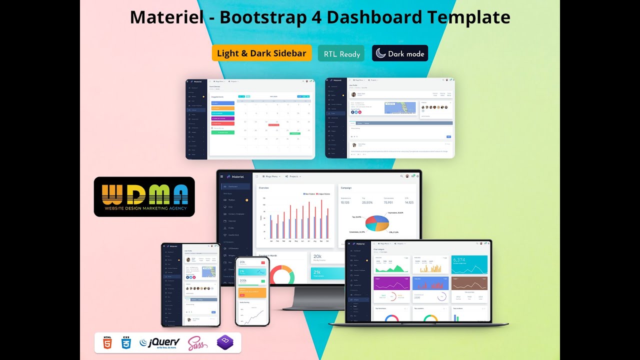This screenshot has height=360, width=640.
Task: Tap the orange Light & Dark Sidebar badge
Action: tap(261, 53)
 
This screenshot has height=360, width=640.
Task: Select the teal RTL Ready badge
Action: tap(342, 54)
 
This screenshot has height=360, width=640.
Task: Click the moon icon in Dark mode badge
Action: tap(381, 53)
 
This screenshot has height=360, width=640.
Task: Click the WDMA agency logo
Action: tap(144, 197)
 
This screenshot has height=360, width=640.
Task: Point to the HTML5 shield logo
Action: tap(107, 342)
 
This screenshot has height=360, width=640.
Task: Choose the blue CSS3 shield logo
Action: tap(126, 342)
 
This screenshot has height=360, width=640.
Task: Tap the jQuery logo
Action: tap(159, 342)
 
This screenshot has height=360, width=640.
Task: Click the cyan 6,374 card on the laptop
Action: tap(469, 265)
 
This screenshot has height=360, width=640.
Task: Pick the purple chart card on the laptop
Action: tap(391, 283)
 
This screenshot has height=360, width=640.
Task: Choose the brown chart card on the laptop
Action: tap(469, 283)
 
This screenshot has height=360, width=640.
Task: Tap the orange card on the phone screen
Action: tap(252, 293)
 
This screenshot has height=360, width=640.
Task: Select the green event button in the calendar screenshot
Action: tap(223, 132)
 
